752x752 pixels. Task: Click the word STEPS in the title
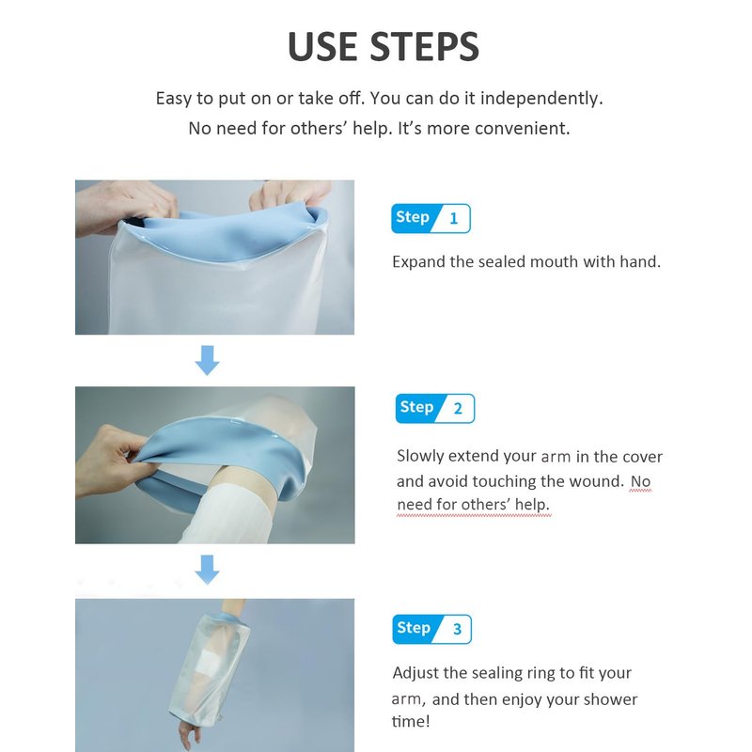coord(425,46)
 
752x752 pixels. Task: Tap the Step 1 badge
coord(431,218)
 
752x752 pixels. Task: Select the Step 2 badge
coord(435,408)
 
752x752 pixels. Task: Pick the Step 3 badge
coord(431,629)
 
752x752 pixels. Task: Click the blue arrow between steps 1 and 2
coord(207,360)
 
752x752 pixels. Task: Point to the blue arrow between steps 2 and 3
coord(207,570)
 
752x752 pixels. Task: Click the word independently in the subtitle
coord(541,99)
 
